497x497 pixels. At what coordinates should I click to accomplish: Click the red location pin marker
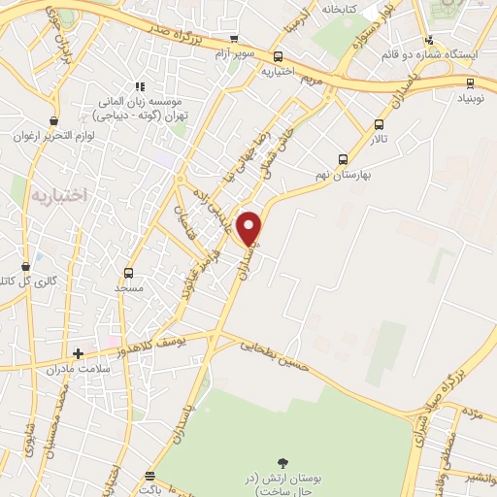250,227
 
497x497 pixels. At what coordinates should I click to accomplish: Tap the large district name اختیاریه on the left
59,194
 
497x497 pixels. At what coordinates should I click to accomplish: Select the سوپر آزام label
236,50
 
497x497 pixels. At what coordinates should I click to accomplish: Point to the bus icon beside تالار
379,124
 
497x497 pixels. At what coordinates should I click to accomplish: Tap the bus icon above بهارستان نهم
342,159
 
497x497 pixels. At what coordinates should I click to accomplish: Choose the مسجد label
128,288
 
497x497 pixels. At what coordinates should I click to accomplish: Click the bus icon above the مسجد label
128,273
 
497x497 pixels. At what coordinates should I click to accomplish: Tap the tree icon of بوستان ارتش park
282,464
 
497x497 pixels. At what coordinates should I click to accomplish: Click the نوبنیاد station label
474,98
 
